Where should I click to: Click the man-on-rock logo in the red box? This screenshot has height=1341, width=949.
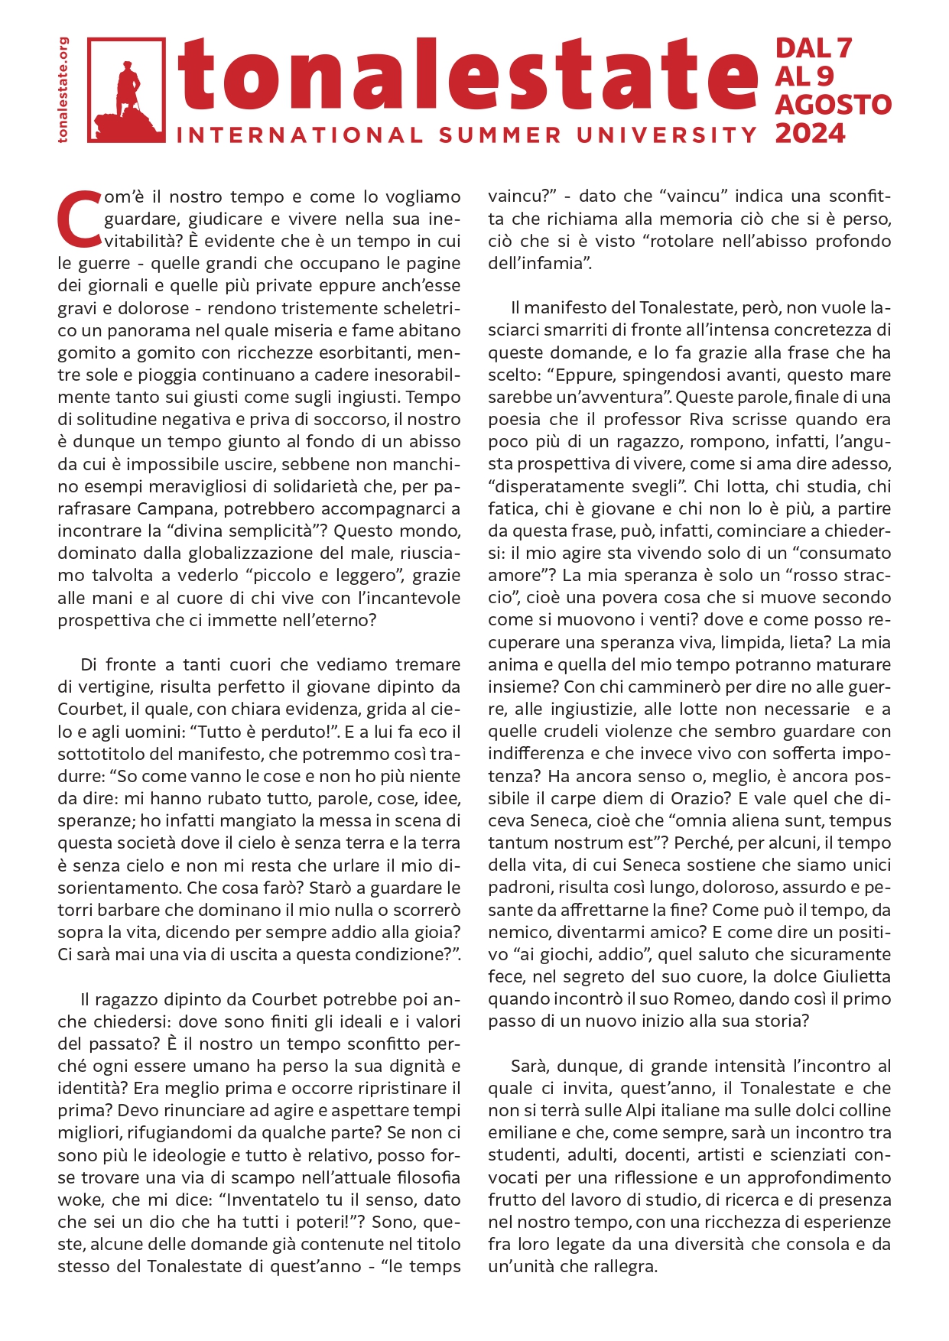(127, 90)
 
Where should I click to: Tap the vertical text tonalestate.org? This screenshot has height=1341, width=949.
(63, 89)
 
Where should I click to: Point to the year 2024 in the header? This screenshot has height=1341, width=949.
(810, 134)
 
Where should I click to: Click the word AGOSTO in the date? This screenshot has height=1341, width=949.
(833, 105)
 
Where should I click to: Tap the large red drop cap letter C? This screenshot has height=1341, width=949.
(79, 219)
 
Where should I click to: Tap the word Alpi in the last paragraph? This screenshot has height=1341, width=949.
(678, 1110)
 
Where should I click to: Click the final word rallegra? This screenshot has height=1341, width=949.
(621, 1266)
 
